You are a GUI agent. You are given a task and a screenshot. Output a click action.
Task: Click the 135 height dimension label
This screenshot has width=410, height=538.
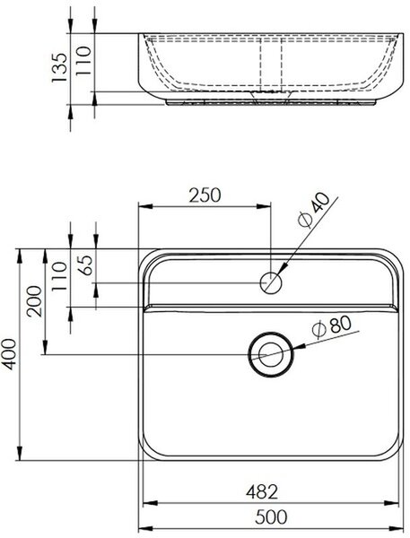pyautogui.click(x=58, y=67)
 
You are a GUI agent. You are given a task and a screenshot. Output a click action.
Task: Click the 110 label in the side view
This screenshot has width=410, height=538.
pyautogui.click(x=83, y=61)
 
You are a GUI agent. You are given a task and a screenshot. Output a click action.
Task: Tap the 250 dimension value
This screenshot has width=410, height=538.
pyautogui.click(x=205, y=195)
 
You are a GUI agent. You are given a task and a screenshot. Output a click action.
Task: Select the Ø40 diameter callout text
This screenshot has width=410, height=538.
pyautogui.click(x=313, y=210)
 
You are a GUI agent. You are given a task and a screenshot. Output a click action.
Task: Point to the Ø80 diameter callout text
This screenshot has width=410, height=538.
pyautogui.click(x=332, y=325)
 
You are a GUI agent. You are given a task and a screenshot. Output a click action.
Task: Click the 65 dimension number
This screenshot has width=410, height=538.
pyautogui.click(x=86, y=265)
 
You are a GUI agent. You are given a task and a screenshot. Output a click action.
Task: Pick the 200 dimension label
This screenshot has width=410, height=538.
pyautogui.click(x=35, y=300)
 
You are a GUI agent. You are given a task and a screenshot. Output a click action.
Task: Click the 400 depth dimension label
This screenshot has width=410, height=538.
pyautogui.click(x=9, y=354)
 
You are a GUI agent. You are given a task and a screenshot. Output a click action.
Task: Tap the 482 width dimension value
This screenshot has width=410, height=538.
pyautogui.click(x=262, y=492)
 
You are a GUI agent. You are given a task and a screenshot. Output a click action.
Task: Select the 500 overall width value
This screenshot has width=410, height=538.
pyautogui.click(x=271, y=516)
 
